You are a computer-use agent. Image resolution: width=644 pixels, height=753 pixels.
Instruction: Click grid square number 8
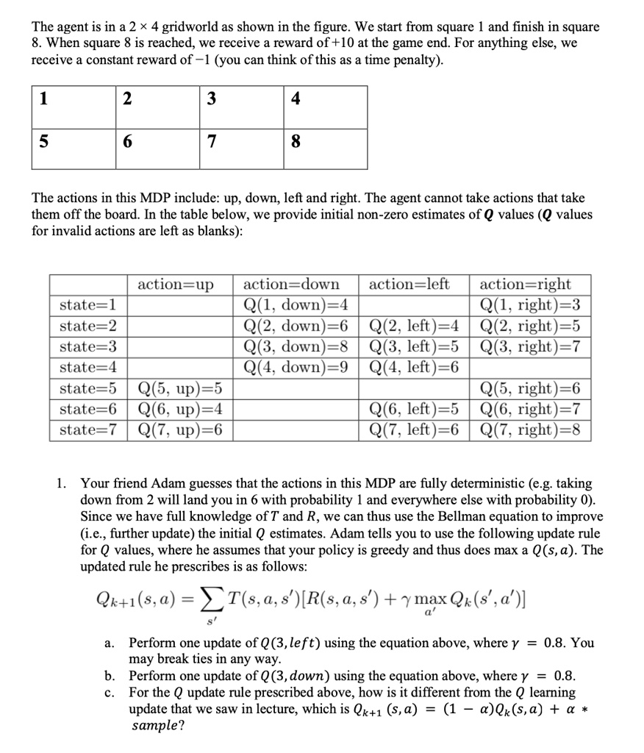coord(326,149)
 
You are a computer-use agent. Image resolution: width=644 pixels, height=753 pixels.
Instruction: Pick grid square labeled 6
coord(158,149)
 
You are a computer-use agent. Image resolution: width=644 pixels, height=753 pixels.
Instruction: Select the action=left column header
coord(409,284)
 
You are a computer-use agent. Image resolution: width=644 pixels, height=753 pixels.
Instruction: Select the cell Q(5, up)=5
coord(181,388)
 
